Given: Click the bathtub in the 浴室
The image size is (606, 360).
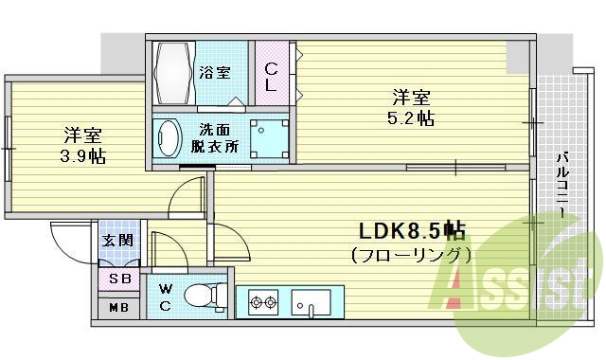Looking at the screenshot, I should (173, 75).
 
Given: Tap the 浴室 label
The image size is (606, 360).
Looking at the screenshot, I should (216, 72).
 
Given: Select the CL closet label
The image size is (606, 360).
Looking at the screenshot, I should (271, 76).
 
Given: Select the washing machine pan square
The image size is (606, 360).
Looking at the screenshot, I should (269, 138).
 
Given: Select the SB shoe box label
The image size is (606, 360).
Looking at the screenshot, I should (119, 279).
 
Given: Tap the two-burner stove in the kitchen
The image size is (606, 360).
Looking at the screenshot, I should (262, 304).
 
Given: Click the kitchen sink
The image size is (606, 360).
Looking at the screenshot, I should (310, 304).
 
